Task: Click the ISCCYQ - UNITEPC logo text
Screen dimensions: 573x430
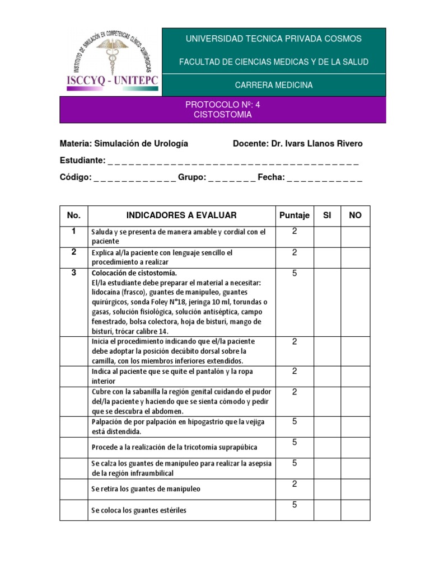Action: click(113, 81)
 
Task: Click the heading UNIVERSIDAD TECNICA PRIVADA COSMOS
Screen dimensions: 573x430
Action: click(273, 39)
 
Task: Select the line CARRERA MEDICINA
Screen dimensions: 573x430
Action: click(273, 85)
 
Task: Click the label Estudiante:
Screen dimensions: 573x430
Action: click(82, 161)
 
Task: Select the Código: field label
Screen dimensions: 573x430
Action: click(76, 177)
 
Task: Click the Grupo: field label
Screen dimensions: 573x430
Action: click(193, 177)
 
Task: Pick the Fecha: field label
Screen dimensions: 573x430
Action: click(272, 177)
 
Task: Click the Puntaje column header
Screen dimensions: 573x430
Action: click(294, 215)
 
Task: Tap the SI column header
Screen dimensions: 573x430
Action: click(328, 215)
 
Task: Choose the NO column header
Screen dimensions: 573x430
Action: click(356, 215)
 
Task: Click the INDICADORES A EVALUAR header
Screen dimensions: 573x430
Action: click(181, 215)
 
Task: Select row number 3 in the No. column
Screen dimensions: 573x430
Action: click(73, 273)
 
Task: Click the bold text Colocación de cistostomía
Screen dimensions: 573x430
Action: click(134, 273)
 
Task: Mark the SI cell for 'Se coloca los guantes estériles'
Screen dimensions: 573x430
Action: click(328, 510)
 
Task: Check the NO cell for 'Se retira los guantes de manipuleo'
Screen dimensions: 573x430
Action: click(356, 489)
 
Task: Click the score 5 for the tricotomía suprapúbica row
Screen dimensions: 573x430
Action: click(294, 443)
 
